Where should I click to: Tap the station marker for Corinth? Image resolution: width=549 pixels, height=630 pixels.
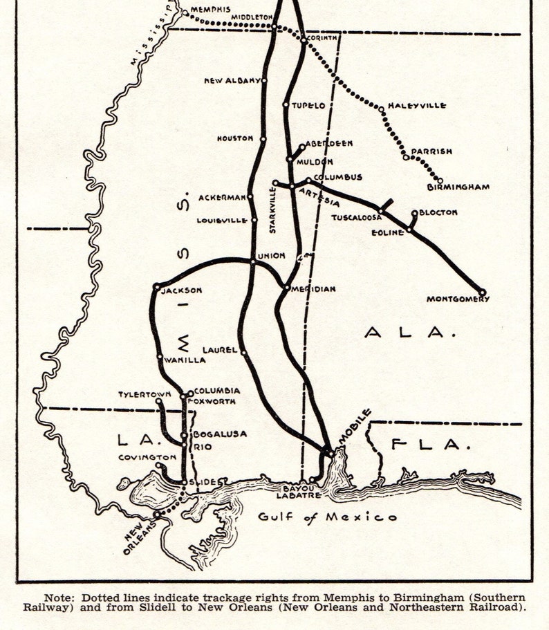pos(304,40)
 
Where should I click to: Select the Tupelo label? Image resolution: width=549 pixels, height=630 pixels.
pos(308,105)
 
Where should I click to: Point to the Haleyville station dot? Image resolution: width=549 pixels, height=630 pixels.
pos(381,109)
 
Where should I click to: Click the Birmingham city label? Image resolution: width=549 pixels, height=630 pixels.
pos(458,187)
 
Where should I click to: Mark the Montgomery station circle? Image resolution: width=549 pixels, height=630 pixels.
pos(482,293)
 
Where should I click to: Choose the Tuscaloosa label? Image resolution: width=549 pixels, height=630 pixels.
pos(356,216)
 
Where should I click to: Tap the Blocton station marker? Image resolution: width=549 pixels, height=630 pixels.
pos(414,214)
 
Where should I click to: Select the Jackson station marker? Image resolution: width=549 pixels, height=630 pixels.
pos(157,286)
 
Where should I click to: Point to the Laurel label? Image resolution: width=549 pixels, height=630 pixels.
pos(220,351)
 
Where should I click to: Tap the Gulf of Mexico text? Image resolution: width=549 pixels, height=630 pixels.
pos(328,517)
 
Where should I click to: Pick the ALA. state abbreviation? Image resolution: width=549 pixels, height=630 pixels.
pos(411,333)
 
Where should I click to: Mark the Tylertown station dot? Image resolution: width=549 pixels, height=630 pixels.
pos(158,400)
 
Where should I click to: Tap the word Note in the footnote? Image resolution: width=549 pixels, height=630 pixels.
pos(59,597)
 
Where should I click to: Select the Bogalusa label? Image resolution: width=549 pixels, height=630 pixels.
pos(219,434)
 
